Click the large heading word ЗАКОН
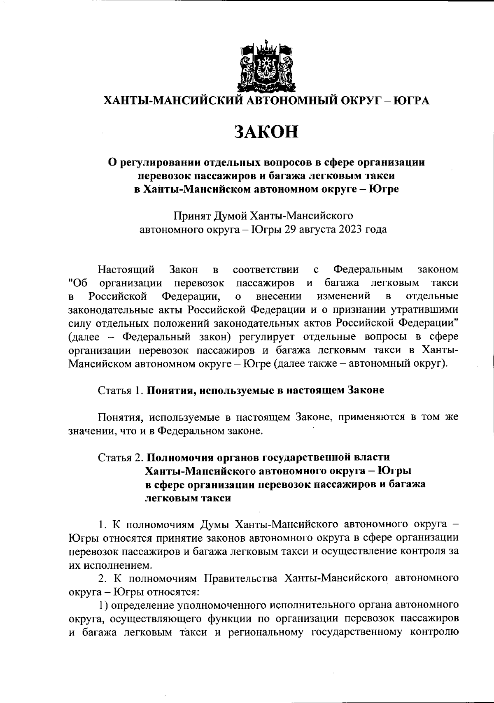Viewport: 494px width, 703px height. coord(266,132)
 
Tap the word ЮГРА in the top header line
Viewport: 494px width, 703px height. coord(411,100)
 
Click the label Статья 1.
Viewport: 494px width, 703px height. coord(121,390)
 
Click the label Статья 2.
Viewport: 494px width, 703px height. coord(121,457)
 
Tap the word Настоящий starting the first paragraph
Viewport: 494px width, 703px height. coord(126,270)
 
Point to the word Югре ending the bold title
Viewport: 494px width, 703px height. coord(384,190)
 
